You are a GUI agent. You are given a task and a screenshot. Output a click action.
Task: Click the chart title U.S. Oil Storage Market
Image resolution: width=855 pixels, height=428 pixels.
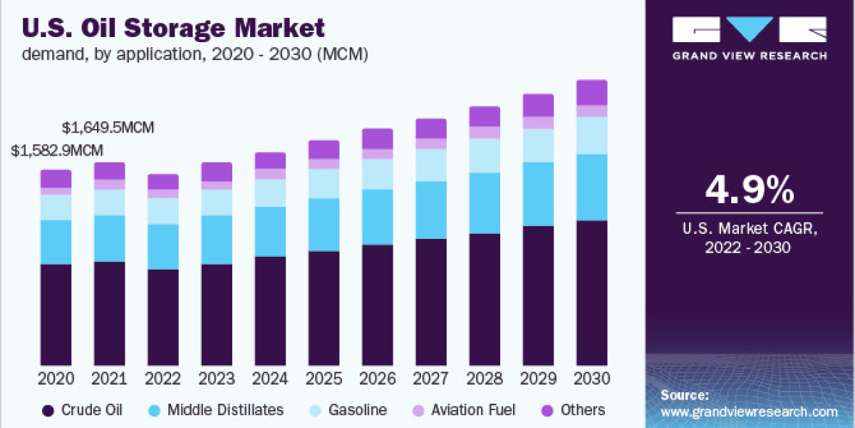174,28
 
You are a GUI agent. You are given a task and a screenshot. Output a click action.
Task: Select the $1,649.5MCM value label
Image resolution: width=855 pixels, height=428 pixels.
108,128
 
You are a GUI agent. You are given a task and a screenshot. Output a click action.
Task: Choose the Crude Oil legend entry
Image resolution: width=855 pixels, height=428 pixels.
82,410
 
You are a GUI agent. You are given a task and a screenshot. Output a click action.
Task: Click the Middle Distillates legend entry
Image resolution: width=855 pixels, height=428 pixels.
217,410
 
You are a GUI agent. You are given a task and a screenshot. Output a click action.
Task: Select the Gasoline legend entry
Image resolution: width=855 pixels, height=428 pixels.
349,410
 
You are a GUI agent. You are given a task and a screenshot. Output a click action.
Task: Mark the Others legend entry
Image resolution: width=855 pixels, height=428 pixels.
574,410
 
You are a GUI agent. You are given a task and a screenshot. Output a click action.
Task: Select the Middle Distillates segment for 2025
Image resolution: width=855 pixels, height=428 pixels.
324,225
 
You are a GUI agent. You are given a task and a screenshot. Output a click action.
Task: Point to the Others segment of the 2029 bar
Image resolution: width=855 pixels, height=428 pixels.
538,105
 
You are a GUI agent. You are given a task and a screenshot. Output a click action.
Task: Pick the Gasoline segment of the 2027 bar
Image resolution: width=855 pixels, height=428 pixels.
431,165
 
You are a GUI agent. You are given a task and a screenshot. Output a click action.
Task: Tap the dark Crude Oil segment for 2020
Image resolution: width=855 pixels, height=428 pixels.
56,314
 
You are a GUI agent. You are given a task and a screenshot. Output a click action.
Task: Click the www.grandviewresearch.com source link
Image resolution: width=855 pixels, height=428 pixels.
749,412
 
